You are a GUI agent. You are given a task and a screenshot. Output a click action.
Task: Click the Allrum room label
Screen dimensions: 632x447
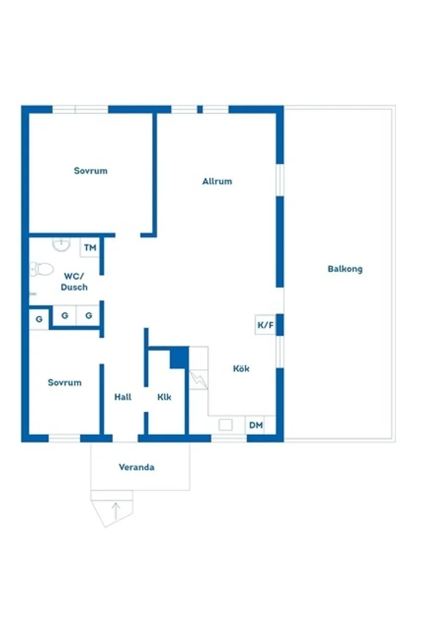pyautogui.click(x=217, y=182)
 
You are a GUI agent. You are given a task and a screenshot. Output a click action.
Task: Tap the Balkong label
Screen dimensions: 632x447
pyautogui.click(x=345, y=269)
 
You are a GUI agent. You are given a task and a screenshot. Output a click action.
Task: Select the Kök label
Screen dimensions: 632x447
pyautogui.click(x=241, y=369)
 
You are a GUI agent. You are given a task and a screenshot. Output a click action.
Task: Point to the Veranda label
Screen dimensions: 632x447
pyautogui.click(x=137, y=467)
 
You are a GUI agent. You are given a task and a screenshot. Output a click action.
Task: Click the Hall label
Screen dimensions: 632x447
pyautogui.click(x=123, y=397)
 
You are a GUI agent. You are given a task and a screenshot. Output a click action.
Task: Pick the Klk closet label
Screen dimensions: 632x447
pyautogui.click(x=164, y=397)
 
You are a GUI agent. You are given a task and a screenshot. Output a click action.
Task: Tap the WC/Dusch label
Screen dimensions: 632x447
pyautogui.click(x=74, y=282)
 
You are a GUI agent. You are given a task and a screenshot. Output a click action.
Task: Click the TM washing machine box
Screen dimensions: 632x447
pyautogui.click(x=90, y=248)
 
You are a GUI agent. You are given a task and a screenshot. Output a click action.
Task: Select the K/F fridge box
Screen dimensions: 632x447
pyautogui.click(x=265, y=325)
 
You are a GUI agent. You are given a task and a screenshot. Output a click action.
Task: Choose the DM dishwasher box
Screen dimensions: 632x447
pyautogui.click(x=256, y=425)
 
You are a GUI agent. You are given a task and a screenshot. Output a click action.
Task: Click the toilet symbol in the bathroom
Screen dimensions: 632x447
pyautogui.click(x=42, y=268)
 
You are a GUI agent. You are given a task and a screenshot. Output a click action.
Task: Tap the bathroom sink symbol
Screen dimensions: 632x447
pyautogui.click(x=62, y=244)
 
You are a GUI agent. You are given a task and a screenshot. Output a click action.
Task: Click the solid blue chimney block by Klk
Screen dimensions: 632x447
pyautogui.click(x=179, y=358)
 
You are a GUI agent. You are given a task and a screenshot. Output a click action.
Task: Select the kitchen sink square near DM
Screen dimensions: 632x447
pyautogui.click(x=225, y=425)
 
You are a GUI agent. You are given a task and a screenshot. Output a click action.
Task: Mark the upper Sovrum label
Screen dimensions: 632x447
pyautogui.click(x=90, y=171)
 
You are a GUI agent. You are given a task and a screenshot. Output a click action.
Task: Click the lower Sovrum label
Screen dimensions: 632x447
pyautogui.click(x=64, y=383)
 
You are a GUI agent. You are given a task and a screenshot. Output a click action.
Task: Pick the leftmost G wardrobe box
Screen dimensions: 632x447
pyautogui.click(x=39, y=319)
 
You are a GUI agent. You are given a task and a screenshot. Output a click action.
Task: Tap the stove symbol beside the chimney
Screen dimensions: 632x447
pyautogui.click(x=198, y=378)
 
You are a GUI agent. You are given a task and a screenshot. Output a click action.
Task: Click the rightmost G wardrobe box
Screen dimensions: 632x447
pyautogui.click(x=88, y=315)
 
